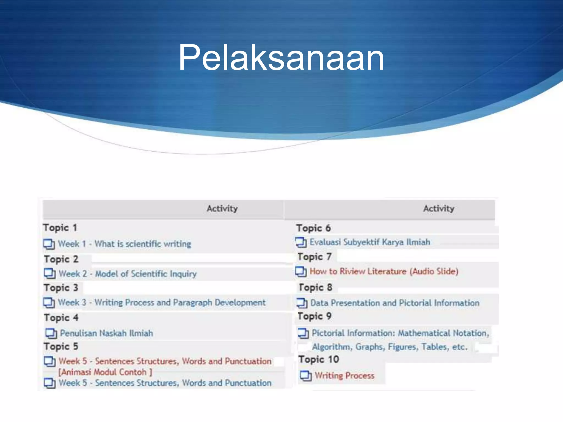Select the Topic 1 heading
(x=60, y=228)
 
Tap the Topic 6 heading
(x=313, y=228)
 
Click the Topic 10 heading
(x=319, y=359)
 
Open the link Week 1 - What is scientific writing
(x=124, y=244)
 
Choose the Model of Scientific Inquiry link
(x=146, y=274)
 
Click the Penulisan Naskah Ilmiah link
(x=106, y=333)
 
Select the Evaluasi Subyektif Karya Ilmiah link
(x=370, y=242)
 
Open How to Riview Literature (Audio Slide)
(x=384, y=271)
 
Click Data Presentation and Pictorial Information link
(x=395, y=303)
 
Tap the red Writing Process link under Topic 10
(x=344, y=376)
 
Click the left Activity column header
(x=222, y=209)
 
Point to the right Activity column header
(x=438, y=209)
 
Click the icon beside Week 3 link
(x=49, y=303)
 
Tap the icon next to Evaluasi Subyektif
(x=301, y=242)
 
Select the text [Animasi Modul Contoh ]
(x=105, y=372)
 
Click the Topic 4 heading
(x=61, y=318)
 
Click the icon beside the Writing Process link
(x=306, y=376)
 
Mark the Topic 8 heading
(x=315, y=287)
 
